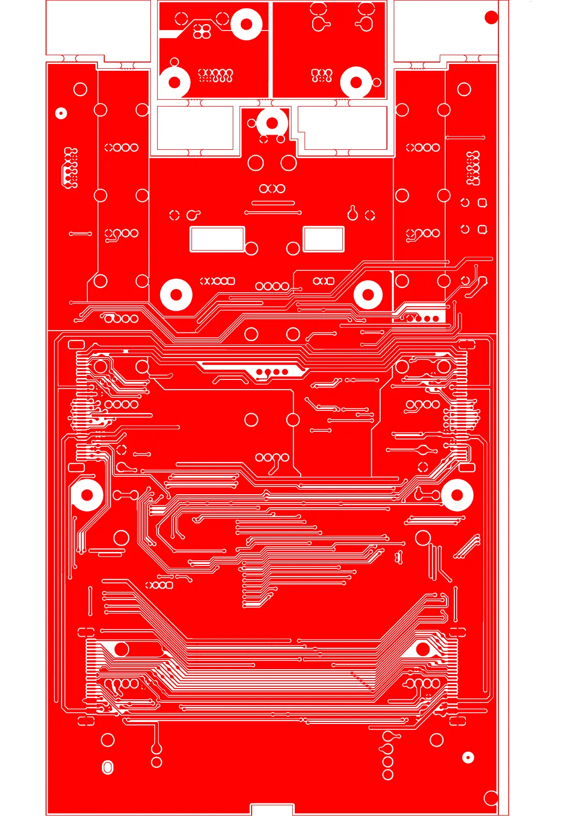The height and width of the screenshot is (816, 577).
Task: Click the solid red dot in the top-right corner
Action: (491, 17)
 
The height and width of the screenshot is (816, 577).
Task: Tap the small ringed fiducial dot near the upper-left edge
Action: (61, 113)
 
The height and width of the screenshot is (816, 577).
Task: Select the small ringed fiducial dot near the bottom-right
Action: (468, 757)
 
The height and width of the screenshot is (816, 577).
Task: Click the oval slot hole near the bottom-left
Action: (108, 767)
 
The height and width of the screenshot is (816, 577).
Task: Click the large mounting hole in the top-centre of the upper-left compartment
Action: (246, 24)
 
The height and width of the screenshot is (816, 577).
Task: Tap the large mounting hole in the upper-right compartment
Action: (356, 82)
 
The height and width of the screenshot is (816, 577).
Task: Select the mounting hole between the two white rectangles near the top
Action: (272, 123)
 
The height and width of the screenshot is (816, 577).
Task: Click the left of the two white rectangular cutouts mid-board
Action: (217, 239)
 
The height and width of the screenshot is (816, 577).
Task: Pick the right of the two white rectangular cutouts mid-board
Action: (323, 239)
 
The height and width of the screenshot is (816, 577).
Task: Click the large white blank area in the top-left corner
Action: (98, 27)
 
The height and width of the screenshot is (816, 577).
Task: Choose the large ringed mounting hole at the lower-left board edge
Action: (87, 495)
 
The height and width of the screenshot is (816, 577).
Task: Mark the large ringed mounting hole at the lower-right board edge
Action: (457, 495)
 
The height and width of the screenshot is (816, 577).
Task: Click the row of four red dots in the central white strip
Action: (272, 372)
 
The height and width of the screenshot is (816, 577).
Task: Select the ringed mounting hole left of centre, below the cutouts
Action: (176, 295)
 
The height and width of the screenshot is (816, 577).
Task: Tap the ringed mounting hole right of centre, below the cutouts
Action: (368, 295)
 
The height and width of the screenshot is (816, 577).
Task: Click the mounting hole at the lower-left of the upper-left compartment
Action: (175, 82)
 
